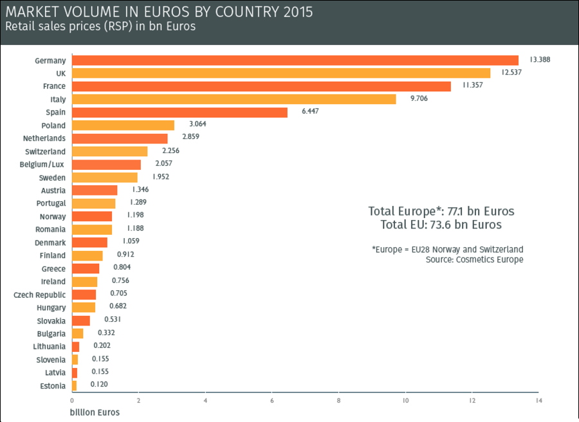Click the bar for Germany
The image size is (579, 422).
pos(295,60)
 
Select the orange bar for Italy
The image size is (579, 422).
pos(234,99)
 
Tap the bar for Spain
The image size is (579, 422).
pos(179,113)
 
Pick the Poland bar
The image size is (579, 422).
pos(123,125)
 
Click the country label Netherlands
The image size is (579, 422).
pos(44,138)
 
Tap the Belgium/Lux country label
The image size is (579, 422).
pos(42,165)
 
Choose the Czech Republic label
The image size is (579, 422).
pos(40,295)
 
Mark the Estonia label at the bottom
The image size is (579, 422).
pos(52,386)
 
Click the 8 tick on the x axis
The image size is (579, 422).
pos(338,402)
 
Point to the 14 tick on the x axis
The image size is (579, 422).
pos(538,402)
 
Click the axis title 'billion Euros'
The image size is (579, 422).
pos(95,412)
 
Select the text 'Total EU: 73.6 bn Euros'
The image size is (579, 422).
pos(441,225)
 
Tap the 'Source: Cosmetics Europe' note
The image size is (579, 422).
pos(474,260)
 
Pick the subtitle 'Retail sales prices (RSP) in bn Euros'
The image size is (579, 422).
pos(100,27)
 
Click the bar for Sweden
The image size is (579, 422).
pos(105,178)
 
